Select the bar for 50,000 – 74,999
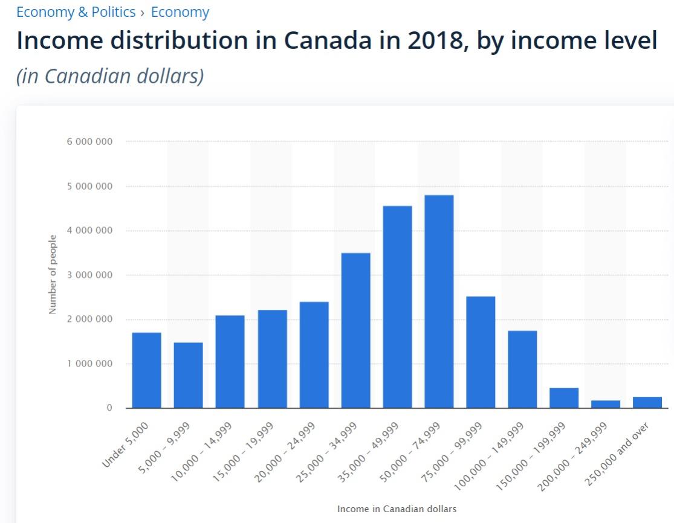click(439, 301)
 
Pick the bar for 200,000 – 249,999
click(606, 404)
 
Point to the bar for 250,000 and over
click(647, 402)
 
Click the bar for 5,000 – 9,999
click(188, 375)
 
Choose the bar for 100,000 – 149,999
click(522, 369)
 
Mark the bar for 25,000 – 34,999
click(355, 330)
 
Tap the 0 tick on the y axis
click(109, 408)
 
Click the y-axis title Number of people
click(53, 274)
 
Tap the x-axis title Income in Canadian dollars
click(397, 509)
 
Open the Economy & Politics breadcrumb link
click(76, 12)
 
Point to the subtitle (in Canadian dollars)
click(110, 76)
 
